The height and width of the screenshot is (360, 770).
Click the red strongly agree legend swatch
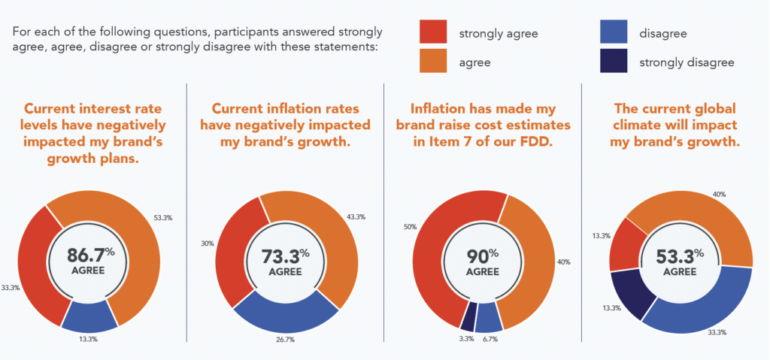[x=433, y=33]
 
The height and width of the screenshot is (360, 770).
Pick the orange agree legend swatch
[x=433, y=62]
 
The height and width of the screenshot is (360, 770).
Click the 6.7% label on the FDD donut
[x=491, y=340]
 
